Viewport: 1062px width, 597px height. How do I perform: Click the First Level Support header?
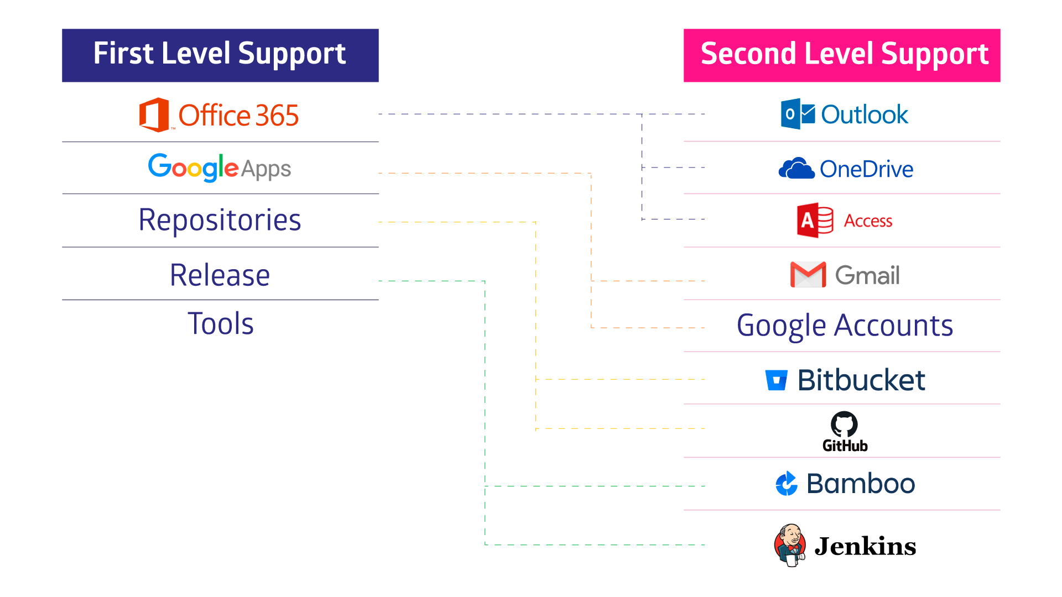(220, 55)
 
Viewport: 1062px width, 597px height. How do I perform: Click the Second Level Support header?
(842, 55)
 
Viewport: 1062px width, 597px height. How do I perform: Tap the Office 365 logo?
(220, 114)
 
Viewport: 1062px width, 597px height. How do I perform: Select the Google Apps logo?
(220, 168)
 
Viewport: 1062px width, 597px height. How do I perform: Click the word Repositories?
(220, 221)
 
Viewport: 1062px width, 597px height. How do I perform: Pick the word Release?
(220, 275)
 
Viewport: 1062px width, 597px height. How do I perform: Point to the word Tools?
(221, 324)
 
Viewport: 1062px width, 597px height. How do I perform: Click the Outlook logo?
(845, 114)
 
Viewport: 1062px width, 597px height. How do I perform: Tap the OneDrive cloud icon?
(796, 169)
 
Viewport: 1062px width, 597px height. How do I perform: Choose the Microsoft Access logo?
(845, 221)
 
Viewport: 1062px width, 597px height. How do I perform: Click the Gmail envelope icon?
(808, 275)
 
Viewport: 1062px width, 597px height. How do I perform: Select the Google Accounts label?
(845, 326)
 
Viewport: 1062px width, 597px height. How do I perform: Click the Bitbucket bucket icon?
(777, 380)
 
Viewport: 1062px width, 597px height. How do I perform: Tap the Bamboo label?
(861, 484)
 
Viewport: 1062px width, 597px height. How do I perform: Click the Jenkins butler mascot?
(790, 545)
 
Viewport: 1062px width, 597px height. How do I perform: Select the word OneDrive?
(866, 169)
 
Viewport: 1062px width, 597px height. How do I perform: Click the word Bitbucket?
(861, 380)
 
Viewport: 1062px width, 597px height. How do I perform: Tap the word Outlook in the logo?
(864, 115)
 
